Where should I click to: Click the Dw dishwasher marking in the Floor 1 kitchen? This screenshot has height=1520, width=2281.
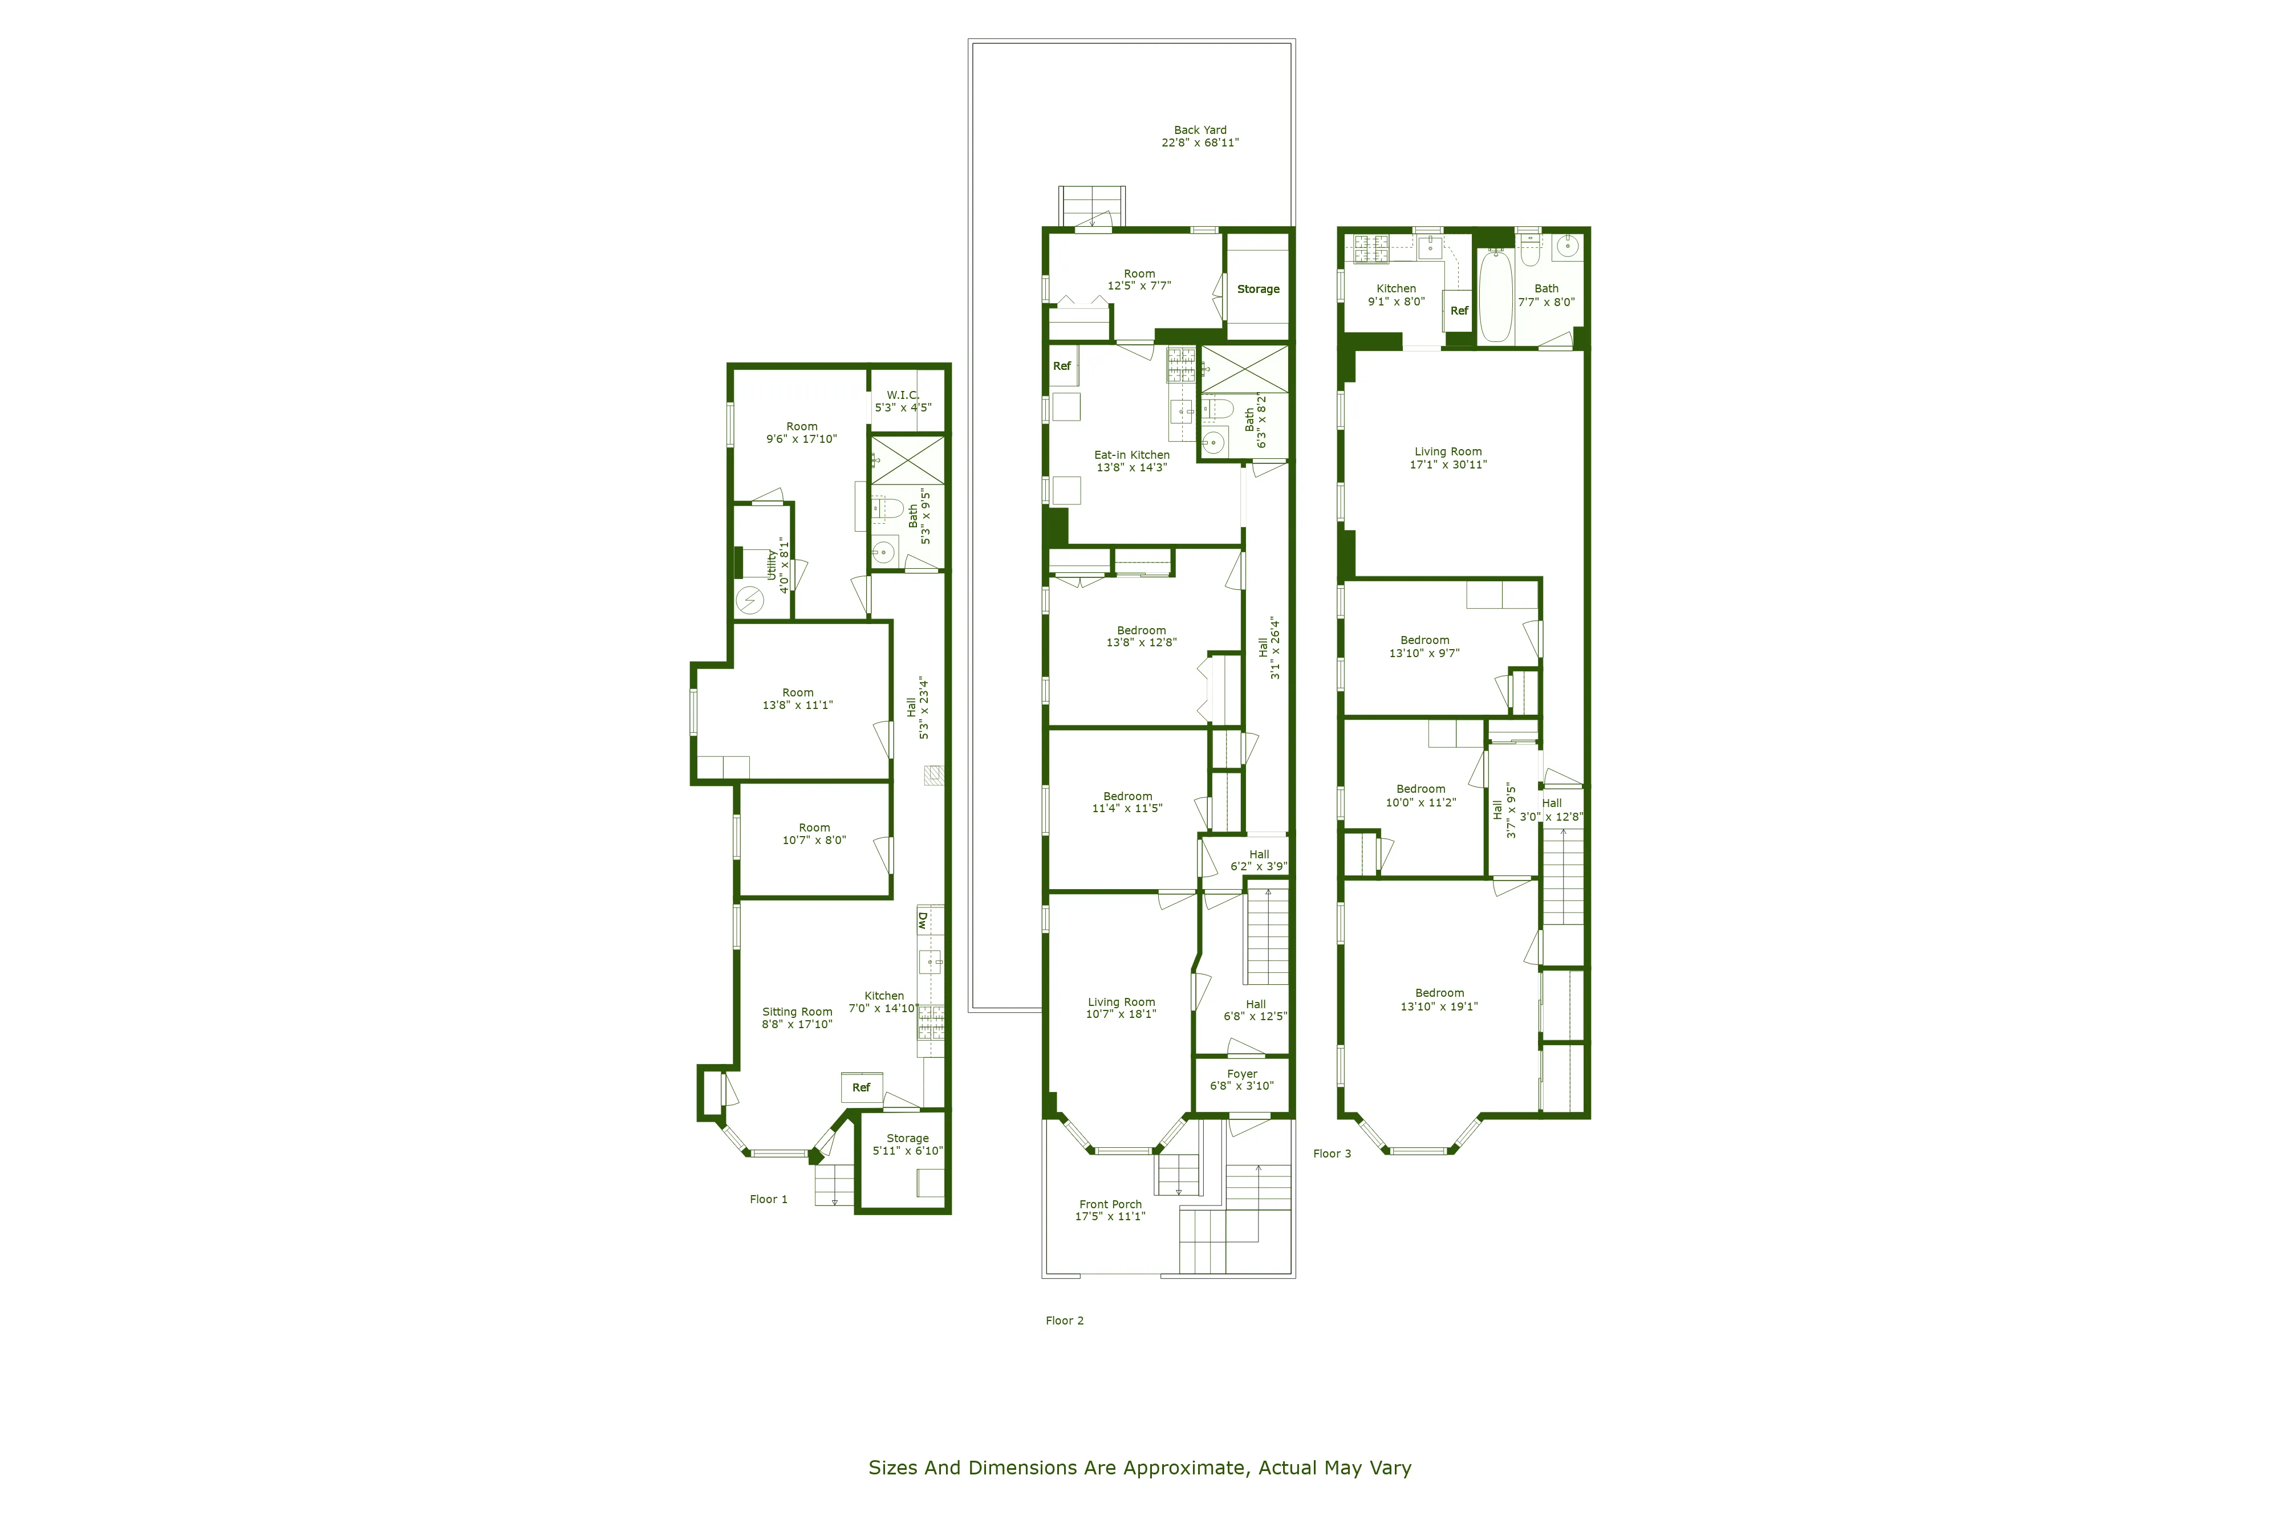coord(922,920)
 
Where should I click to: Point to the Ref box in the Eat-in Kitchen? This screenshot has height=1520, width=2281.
coord(1062,366)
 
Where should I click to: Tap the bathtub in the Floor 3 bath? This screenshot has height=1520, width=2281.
coord(1495,296)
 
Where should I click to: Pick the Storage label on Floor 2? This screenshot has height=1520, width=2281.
coord(1258,289)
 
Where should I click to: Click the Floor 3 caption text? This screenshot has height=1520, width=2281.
coord(1332,1154)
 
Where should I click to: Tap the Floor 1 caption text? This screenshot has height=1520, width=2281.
coord(768,1199)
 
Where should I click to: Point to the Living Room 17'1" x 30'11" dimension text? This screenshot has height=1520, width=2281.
coord(1448,464)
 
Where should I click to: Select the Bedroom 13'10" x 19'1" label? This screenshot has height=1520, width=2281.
coord(1439,1000)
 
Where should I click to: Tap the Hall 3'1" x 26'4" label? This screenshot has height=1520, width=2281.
coord(1268,647)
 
